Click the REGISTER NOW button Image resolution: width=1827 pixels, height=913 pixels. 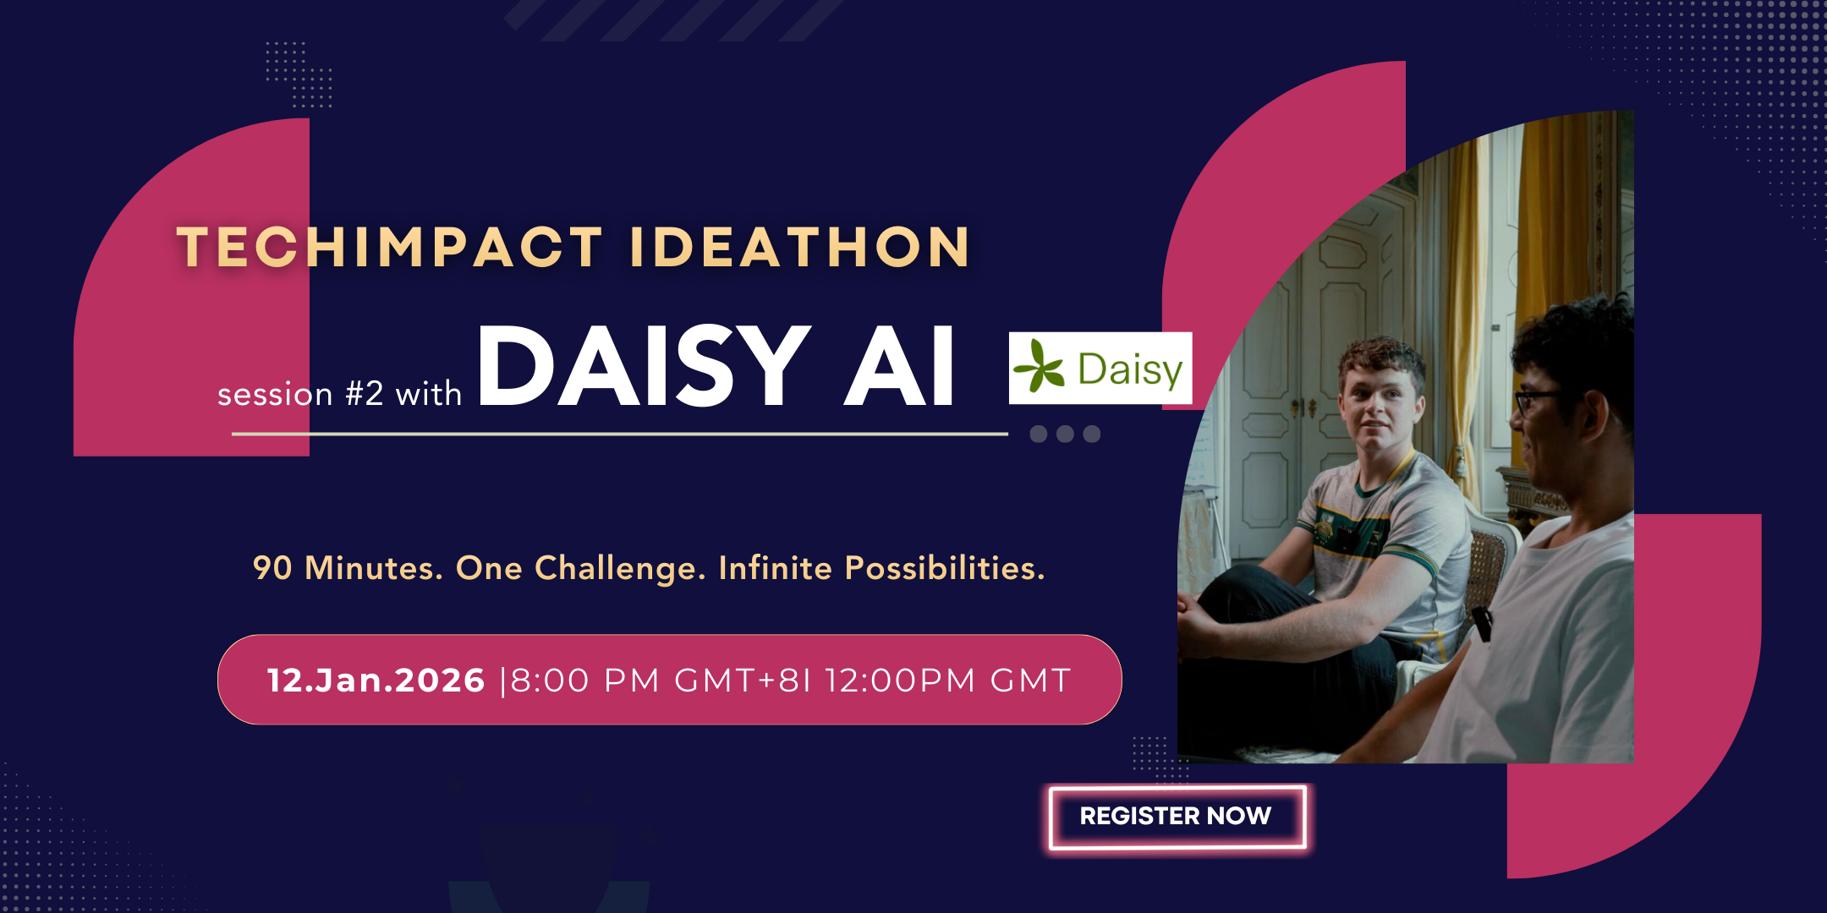(1177, 817)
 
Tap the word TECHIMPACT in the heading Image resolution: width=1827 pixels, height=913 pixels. (390, 248)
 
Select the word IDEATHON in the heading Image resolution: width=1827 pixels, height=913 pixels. (800, 248)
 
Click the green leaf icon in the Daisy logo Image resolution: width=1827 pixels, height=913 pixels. (1039, 367)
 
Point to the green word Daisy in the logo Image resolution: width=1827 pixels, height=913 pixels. (1130, 370)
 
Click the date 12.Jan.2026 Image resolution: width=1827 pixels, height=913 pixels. (376, 681)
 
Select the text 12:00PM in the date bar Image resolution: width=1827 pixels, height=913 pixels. (900, 681)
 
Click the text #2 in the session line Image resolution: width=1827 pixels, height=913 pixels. (365, 394)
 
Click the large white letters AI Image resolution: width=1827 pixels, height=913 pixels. (900, 365)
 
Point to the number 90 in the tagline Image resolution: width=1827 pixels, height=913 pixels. (272, 568)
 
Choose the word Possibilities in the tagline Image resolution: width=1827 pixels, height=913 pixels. (945, 568)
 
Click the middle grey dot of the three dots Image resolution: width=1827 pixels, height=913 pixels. (1065, 434)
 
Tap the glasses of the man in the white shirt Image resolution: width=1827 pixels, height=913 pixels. (1535, 399)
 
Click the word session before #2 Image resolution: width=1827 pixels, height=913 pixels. (275, 395)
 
